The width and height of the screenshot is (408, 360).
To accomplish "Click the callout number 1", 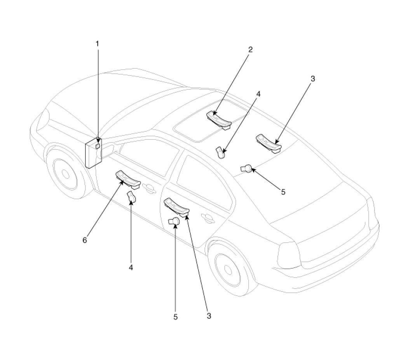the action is click(x=98, y=44).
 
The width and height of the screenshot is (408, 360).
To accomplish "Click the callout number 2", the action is click(x=250, y=49).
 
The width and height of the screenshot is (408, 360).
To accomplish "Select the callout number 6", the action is click(x=85, y=240).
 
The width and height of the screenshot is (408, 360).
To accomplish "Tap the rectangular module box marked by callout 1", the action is click(x=93, y=153).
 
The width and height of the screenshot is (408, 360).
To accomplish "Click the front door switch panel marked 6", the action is click(x=128, y=179).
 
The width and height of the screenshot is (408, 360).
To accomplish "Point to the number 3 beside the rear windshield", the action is click(x=313, y=78).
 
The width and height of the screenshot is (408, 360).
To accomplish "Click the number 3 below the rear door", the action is click(x=209, y=316).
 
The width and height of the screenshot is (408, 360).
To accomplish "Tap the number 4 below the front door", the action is click(x=131, y=267).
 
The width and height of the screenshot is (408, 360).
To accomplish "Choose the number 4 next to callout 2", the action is click(x=258, y=94).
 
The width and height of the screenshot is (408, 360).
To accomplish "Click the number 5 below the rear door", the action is click(x=175, y=317).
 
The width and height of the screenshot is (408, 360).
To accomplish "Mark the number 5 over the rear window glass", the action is click(x=283, y=192).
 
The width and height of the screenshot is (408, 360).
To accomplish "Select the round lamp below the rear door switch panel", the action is click(x=174, y=222).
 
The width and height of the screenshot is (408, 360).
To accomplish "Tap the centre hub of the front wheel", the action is click(x=66, y=174).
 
